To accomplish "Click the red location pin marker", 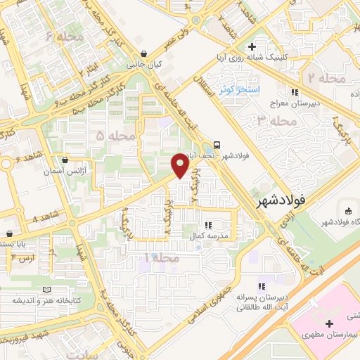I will pyautogui.click(x=181, y=166).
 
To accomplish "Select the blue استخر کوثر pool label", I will pyautogui.click(x=236, y=90).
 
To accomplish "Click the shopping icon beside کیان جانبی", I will pyautogui.click(x=144, y=53).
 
